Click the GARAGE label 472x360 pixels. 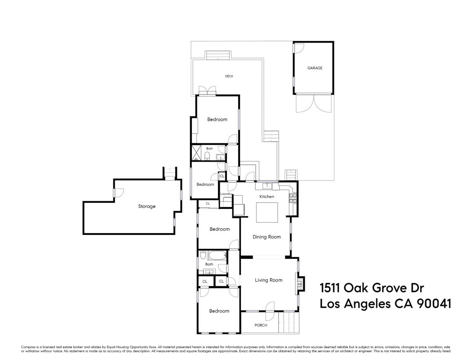click(x=315, y=68)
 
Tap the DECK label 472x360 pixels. click(x=229, y=76)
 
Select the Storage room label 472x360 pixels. click(x=147, y=207)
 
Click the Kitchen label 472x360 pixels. click(x=267, y=197)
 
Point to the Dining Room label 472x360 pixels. click(x=267, y=237)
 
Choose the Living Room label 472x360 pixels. click(x=268, y=280)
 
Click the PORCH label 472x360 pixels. click(x=261, y=325)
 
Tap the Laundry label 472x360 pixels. click(x=226, y=194)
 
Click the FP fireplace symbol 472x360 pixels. click(x=300, y=284)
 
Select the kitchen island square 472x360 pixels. click(x=267, y=212)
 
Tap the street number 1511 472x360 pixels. click(x=330, y=288)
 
